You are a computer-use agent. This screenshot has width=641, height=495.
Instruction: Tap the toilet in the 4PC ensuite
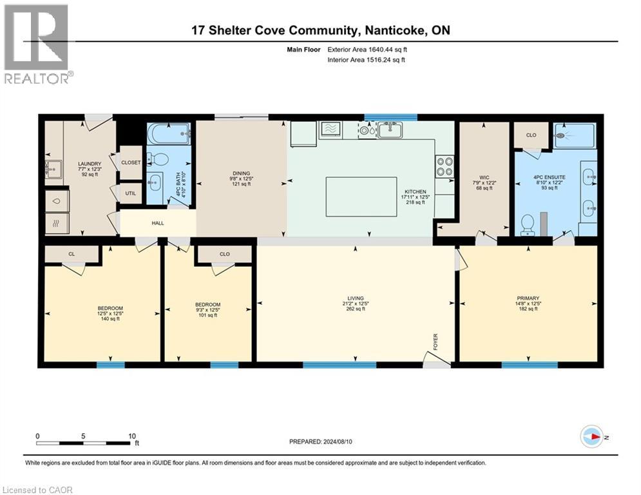coord(527,224)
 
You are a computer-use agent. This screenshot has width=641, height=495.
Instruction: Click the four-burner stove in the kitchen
coord(445,167)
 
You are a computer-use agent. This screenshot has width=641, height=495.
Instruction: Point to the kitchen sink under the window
coord(390,130)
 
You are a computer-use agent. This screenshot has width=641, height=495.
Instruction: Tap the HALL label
coord(158,223)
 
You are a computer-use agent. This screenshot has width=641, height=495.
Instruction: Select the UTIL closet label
coord(131,193)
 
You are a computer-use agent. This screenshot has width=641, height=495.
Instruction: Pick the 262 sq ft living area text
coord(355,309)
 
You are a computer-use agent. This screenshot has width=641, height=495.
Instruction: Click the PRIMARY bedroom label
coord(527,298)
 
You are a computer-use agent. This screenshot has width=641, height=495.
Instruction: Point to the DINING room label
coord(242,173)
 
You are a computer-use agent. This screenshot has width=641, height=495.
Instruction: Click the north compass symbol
coord(591,436)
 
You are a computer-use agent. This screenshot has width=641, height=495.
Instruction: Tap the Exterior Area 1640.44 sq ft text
coord(367,49)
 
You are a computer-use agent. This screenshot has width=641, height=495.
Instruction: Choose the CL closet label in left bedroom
coord(72,255)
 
